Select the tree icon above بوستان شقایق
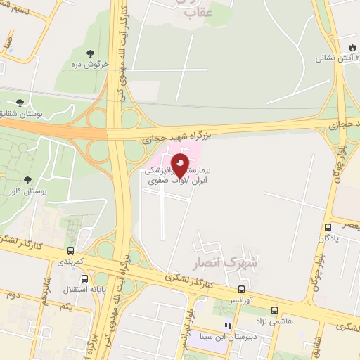pyautogui.click(x=28, y=102)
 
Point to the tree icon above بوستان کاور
pyautogui.click(x=27, y=181)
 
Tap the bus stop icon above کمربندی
pyautogui.click(x=70, y=250)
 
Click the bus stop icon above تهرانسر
pyautogui.click(x=242, y=288)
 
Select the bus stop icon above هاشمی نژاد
pyautogui.click(x=274, y=310)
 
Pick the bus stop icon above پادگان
pyautogui.click(x=328, y=227)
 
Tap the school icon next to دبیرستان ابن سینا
pyautogui.click(x=227, y=326)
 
